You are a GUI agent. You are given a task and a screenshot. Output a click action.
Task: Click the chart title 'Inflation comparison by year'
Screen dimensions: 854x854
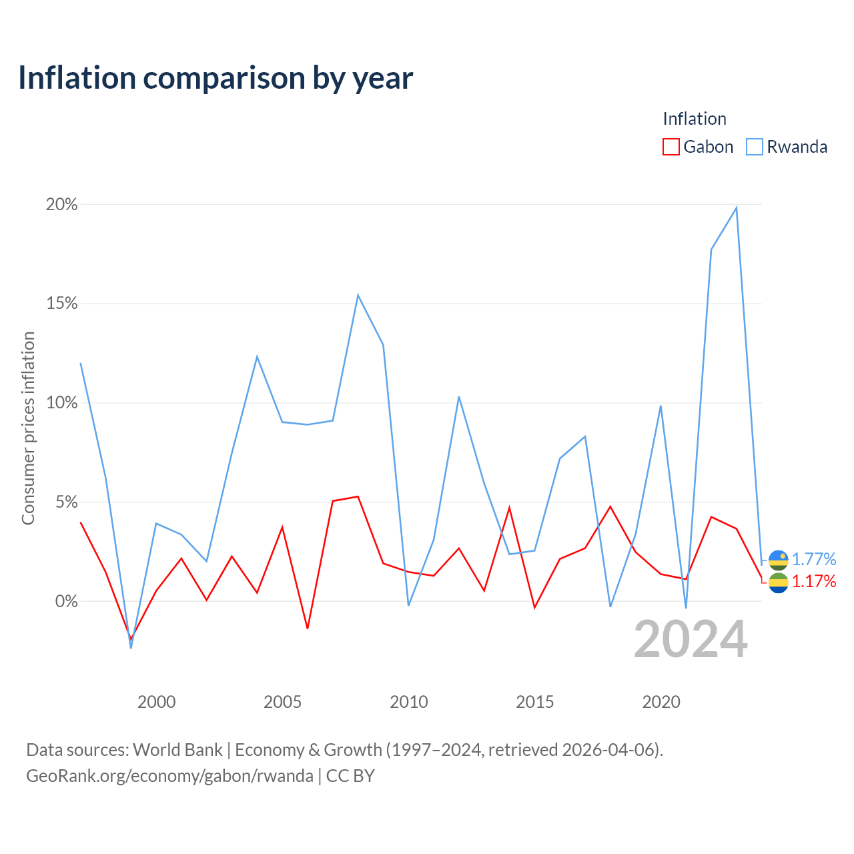click(216, 78)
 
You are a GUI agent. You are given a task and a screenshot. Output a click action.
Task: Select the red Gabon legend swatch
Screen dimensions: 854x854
click(671, 147)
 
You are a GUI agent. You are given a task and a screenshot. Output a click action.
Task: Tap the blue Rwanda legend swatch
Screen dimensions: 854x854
click(755, 147)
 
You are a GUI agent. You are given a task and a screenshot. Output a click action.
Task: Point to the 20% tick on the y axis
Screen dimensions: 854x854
click(61, 204)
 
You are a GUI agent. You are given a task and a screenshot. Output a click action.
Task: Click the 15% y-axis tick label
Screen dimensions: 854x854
click(61, 304)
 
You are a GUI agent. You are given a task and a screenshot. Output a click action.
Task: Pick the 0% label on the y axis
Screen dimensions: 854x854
click(67, 601)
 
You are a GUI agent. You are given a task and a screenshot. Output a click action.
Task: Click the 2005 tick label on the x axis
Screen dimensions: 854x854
click(282, 702)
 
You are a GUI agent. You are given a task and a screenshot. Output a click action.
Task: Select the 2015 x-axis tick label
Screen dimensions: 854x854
click(535, 702)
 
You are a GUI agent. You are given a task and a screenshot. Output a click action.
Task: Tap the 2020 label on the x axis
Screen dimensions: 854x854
click(661, 702)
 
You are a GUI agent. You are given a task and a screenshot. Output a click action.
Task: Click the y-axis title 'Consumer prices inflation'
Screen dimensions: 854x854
click(29, 428)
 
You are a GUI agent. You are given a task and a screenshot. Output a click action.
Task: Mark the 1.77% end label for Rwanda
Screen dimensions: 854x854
click(814, 559)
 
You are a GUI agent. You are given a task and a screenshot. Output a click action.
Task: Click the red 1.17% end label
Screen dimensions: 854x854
click(814, 581)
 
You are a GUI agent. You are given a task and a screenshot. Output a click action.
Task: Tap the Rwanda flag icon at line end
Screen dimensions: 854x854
click(779, 560)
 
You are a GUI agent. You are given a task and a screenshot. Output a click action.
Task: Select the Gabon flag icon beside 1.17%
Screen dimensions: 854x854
click(779, 582)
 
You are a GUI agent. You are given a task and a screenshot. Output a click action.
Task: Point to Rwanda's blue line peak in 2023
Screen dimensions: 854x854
click(737, 208)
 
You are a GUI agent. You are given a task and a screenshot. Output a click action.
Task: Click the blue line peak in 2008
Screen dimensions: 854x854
click(358, 295)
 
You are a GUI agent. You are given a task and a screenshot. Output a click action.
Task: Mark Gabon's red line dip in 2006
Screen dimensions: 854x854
click(308, 628)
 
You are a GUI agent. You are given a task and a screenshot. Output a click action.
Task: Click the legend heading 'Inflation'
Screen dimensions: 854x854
click(695, 119)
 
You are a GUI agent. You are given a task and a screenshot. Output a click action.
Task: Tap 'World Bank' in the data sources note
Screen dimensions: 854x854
click(177, 750)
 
